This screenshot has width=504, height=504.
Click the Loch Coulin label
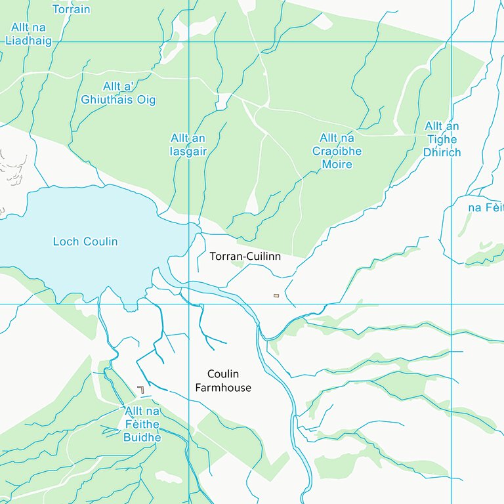click(85, 241)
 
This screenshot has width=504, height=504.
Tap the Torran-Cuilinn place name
click(245, 257)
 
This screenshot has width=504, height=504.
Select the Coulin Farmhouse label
click(223, 381)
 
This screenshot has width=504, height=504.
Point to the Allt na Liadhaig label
click(28, 33)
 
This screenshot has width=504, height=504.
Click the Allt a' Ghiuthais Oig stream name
click(118, 93)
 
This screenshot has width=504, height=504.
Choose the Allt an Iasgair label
click(188, 144)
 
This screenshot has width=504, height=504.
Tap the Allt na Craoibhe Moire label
click(337, 151)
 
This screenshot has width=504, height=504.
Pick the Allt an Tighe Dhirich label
click(442, 139)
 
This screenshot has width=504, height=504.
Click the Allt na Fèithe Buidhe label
click(142, 425)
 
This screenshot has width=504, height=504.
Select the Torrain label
click(71, 9)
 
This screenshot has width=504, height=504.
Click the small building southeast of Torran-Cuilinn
click(276, 295)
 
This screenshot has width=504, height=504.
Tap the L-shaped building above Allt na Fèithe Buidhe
click(141, 389)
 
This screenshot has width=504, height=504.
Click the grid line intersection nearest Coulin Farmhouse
click(189, 304)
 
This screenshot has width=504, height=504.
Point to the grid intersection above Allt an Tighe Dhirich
click(451, 42)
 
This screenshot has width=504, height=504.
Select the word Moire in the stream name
click(337, 164)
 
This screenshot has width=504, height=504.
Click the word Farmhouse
click(223, 388)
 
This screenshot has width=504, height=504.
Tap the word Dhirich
click(442, 152)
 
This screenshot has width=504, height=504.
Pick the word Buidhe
click(142, 437)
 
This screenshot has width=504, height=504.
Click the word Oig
click(146, 100)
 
